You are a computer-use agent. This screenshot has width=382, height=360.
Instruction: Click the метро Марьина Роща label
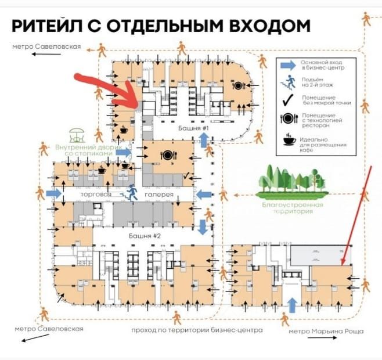pyautogui.click(x=326, y=331)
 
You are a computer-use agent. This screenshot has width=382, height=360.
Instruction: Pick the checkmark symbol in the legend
pyautogui.click(x=286, y=99)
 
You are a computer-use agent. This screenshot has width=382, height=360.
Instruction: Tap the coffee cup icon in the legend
pyautogui.click(x=289, y=139)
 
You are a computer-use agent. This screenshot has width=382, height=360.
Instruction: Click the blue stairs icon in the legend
pyautogui.click(x=286, y=81)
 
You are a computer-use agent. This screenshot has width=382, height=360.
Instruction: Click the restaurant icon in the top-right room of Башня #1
pyautogui.click(x=238, y=86)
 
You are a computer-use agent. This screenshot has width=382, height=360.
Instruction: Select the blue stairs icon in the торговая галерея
pyautogui.click(x=132, y=192)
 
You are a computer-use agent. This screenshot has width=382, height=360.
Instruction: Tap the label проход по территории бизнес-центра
pyautogui.click(x=197, y=330)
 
